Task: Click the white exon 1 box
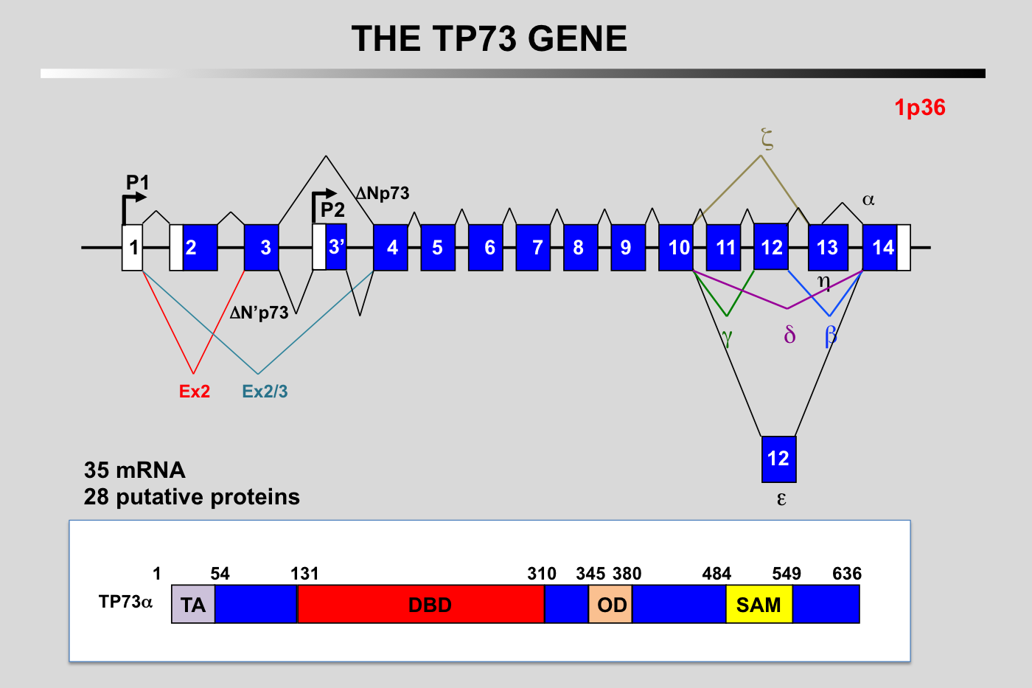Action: point(133,248)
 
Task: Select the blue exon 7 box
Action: point(533,248)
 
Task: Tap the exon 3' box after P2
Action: point(336,246)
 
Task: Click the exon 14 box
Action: point(880,248)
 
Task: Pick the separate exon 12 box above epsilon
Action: point(778,459)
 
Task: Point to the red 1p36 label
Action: point(919,108)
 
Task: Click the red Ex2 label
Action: point(195,392)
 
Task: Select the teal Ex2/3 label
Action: point(265,392)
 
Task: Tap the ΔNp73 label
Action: point(383,193)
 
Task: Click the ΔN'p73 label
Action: point(259,313)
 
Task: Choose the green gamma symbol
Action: point(727,337)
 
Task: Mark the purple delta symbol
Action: point(789,336)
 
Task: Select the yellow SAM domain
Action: point(759,605)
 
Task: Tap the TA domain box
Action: point(193,605)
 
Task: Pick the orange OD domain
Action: point(611,605)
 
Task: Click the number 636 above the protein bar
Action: point(846,574)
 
